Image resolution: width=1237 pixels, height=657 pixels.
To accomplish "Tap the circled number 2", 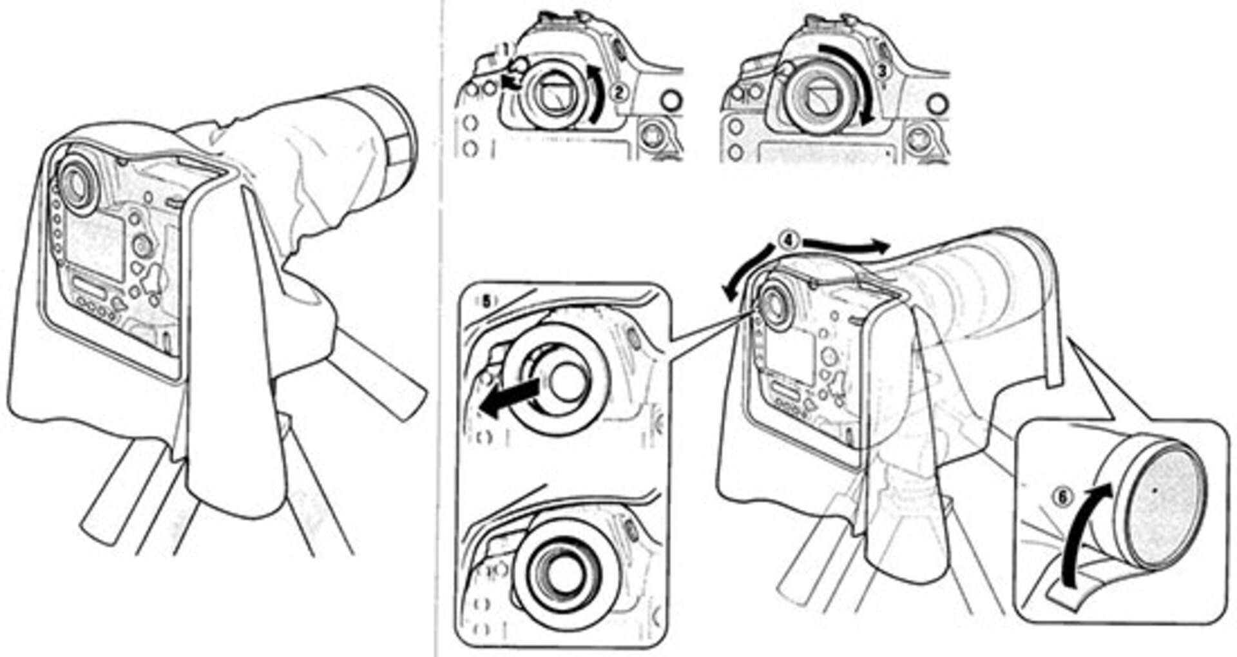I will pyautogui.click(x=619, y=92).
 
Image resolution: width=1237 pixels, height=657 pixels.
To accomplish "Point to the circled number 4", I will pyautogui.click(x=789, y=240).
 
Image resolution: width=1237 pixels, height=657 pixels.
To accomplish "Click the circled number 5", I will pyautogui.click(x=485, y=299).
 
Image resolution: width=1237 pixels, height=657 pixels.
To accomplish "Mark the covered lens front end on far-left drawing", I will pyautogui.click(x=387, y=139).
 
